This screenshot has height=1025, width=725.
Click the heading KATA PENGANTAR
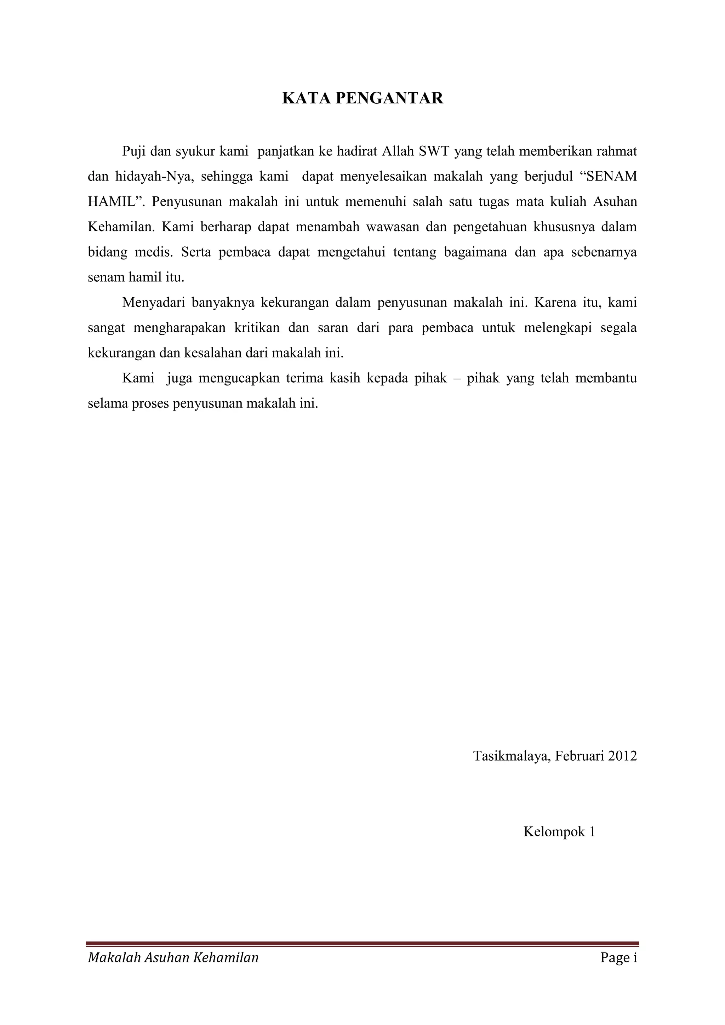point(362,98)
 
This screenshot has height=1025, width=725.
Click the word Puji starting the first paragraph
point(134,152)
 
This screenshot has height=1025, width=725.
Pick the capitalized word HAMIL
point(112,202)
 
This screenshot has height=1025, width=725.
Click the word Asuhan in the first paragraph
point(615,202)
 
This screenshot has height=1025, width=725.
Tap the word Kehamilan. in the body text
point(121,227)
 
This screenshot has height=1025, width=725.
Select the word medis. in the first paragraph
point(154,252)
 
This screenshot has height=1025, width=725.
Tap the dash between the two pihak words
point(457,379)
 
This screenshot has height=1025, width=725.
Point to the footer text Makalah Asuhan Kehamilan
point(173,958)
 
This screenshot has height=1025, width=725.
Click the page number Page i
point(619,958)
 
